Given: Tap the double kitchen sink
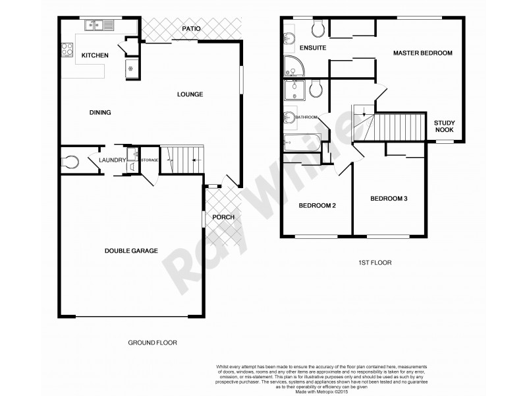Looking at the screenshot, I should tap(99, 26).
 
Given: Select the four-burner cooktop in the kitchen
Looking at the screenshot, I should tap(67, 49).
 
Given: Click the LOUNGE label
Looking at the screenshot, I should tap(190, 94).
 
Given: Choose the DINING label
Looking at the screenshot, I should tap(100, 113).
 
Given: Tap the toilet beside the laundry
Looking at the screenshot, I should tap(70, 160).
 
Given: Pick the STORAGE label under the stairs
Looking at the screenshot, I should tap(150, 159).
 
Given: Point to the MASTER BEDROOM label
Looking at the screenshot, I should tap(423, 53).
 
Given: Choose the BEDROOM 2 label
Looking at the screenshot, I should tap(318, 206).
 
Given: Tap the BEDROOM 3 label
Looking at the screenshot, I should tap(389, 199).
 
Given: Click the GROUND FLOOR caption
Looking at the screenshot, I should tap(152, 343).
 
